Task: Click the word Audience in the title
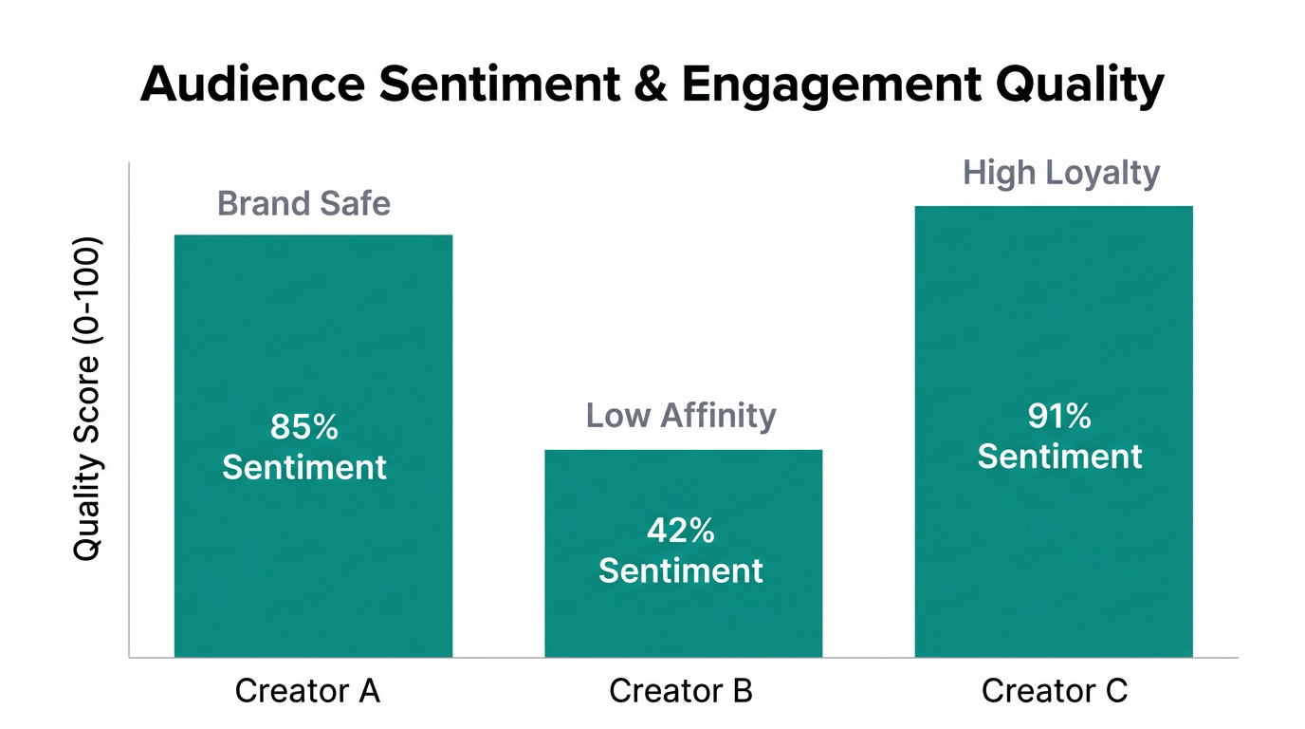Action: coord(251,85)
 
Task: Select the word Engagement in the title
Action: coord(831,85)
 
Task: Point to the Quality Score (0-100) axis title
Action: coord(86,399)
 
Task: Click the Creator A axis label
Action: coord(307,691)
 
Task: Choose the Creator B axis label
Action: coord(680,691)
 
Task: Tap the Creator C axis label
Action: coord(1054,691)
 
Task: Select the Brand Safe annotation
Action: coord(303,204)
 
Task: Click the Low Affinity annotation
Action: coord(680,416)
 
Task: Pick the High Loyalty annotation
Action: coord(1061,174)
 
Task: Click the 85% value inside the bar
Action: coord(303,428)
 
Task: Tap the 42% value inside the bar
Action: coord(680,532)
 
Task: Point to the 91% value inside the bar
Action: coord(1059,417)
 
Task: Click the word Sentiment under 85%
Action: coord(303,468)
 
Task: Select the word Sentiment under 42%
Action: coord(680,571)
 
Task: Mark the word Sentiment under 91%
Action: coord(1059,457)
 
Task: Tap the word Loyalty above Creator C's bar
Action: coord(1103,174)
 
